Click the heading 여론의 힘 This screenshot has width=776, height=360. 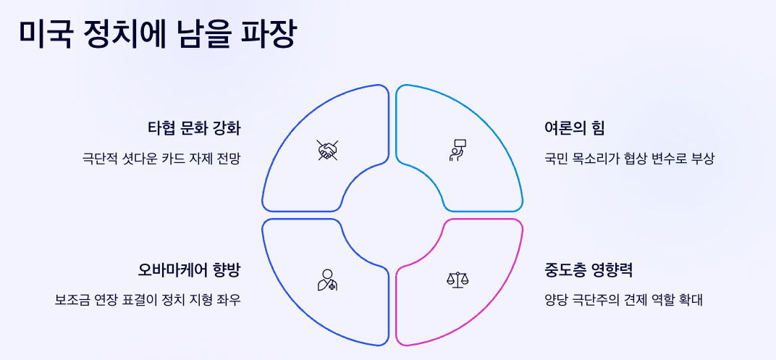575,128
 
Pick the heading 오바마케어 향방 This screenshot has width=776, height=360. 189,270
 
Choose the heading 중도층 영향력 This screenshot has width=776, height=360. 589,270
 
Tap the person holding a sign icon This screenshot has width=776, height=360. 457,149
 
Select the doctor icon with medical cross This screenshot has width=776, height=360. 327,279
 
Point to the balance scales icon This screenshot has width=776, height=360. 457,279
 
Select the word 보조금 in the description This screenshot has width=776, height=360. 72,299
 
